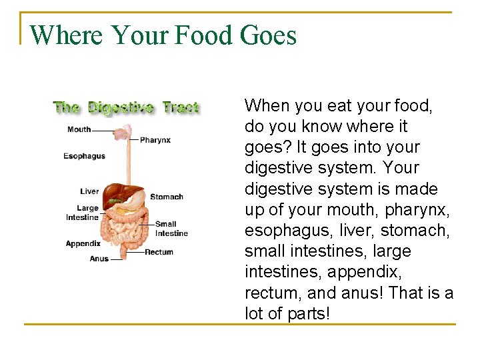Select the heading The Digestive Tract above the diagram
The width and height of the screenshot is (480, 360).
pyautogui.click(x=126, y=107)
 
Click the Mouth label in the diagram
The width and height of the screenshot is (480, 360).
pyautogui.click(x=79, y=129)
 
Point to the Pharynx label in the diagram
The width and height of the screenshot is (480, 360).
pyautogui.click(x=155, y=140)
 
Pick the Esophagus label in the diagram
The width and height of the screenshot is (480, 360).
pyautogui.click(x=84, y=156)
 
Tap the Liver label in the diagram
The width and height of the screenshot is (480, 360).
pyautogui.click(x=89, y=191)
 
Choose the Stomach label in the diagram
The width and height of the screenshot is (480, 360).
pyautogui.click(x=166, y=197)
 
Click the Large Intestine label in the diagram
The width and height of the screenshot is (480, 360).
pyautogui.click(x=83, y=213)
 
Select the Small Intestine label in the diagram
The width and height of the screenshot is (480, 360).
pyautogui.click(x=171, y=229)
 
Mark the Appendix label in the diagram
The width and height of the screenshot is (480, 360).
pyautogui.click(x=83, y=244)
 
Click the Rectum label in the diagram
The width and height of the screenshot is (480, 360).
pyautogui.click(x=159, y=252)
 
